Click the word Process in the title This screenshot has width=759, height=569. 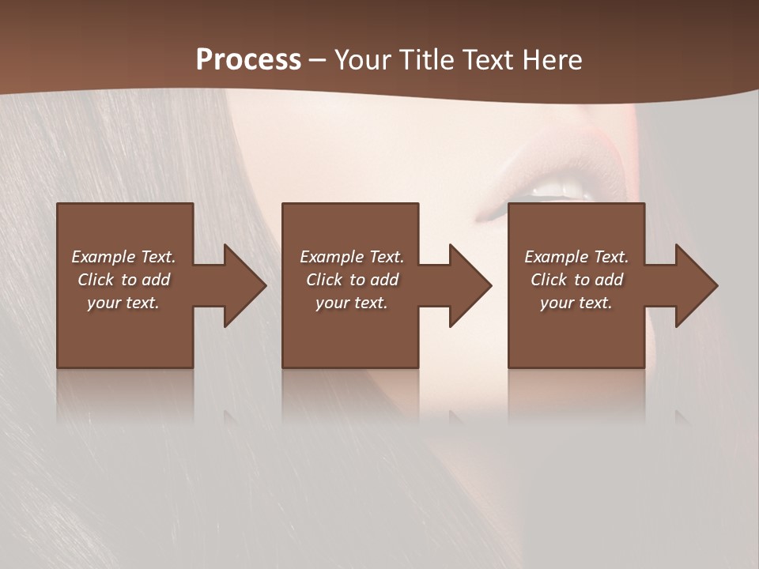248,60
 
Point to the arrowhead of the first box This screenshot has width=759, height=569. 245,286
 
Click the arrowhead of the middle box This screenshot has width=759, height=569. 470,286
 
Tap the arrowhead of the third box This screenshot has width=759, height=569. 697,286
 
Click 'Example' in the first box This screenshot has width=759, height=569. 104,257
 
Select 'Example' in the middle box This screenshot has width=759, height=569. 332,257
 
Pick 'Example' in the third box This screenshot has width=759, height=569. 557,257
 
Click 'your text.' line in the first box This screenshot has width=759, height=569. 123,303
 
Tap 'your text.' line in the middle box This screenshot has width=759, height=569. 351,303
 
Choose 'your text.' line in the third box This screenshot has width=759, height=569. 576,303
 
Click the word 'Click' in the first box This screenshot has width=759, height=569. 96,280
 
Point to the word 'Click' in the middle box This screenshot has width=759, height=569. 324,280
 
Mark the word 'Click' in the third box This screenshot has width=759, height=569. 549,280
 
